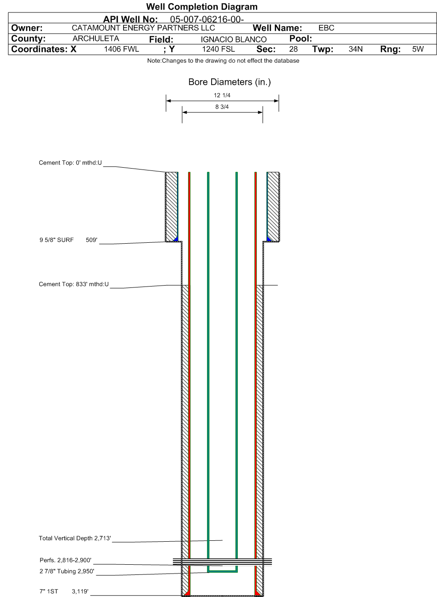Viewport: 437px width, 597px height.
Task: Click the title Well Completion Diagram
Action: (x=202, y=6)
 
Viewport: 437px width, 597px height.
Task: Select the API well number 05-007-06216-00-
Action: (x=207, y=19)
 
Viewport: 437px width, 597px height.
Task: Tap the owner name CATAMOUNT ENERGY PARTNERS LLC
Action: (x=143, y=28)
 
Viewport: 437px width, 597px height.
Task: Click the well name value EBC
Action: (x=326, y=28)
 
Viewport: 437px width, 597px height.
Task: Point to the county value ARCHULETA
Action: (x=96, y=39)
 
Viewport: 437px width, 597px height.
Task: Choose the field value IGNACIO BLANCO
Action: (x=234, y=40)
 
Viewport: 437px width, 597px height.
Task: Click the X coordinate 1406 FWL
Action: (x=122, y=49)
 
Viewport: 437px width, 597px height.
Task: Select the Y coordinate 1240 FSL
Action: (x=218, y=49)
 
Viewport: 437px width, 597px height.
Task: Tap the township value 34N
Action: (x=356, y=49)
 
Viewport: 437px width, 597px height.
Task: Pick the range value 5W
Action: (x=418, y=49)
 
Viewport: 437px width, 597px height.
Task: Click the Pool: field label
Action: (x=301, y=39)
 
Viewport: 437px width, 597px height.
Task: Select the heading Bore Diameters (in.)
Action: (x=230, y=82)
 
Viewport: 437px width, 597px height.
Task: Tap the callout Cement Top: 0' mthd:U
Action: (x=71, y=163)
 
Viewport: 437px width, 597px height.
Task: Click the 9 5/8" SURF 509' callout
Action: (x=68, y=240)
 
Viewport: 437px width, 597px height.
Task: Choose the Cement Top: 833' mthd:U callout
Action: (x=74, y=284)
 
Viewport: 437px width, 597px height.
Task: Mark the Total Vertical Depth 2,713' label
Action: (x=75, y=538)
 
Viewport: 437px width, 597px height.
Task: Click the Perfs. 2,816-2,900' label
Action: (x=65, y=560)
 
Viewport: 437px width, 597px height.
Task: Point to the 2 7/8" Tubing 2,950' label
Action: (x=67, y=571)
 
